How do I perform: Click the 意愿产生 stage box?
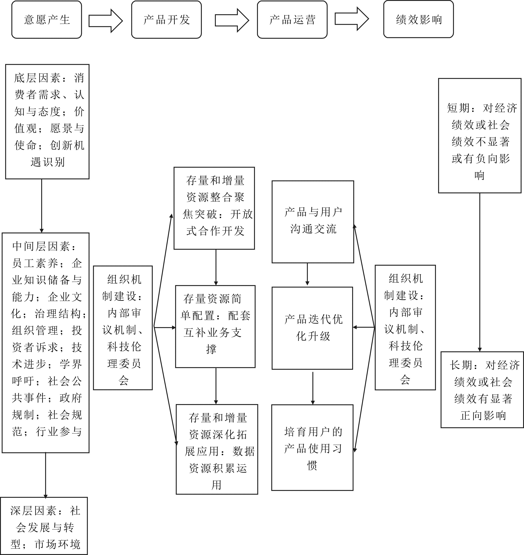pyautogui.click(x=47, y=20)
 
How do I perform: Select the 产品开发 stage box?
pyautogui.click(x=166, y=20)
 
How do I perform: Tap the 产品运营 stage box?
pyautogui.click(x=292, y=20)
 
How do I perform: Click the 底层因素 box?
pyautogui.click(x=47, y=121)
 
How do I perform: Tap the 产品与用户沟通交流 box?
pyautogui.click(x=313, y=222)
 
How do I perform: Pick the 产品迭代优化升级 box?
pyautogui.click(x=312, y=328)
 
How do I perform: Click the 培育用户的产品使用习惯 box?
pyautogui.click(x=312, y=448)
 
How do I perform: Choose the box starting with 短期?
pyautogui.click(x=480, y=136)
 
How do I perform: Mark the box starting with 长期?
pyautogui.click(x=482, y=390)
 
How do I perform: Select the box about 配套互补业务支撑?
pyautogui.click(x=215, y=326)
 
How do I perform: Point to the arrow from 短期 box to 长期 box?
pyautogui.click(x=480, y=272)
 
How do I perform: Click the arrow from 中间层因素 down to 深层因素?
pyautogui.click(x=45, y=475)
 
